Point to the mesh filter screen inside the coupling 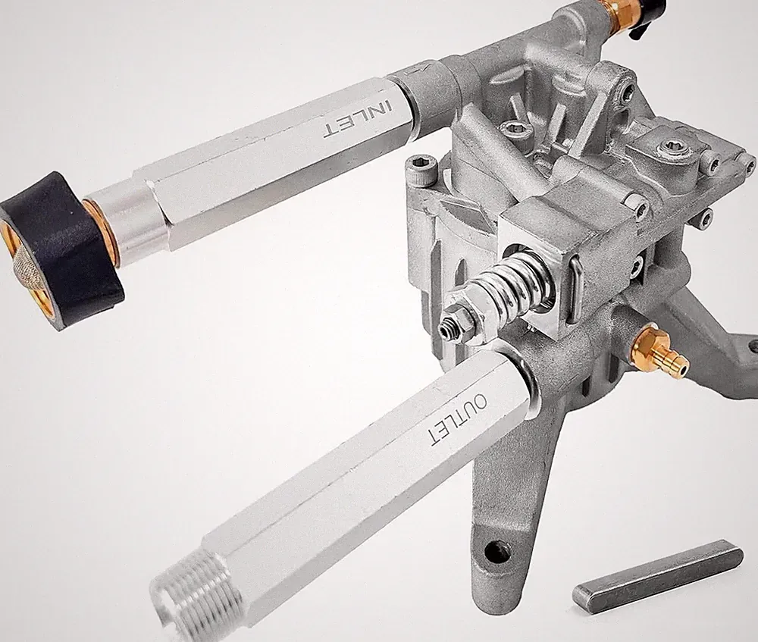click(x=29, y=266)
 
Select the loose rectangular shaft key click(x=658, y=577)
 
